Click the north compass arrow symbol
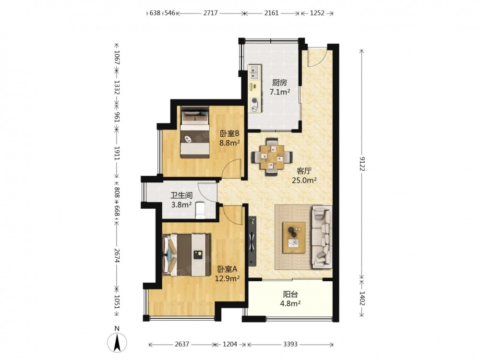[117, 342]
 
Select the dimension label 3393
[290, 344]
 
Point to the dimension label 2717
[210, 13]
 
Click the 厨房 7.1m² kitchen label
[279, 87]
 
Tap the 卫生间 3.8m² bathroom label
[181, 200]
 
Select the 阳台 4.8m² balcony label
[290, 299]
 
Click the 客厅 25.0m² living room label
[304, 175]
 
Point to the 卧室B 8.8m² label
[229, 138]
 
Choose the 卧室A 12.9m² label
[227, 274]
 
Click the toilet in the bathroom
[200, 211]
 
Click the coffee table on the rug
[294, 238]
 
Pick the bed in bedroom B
[195, 132]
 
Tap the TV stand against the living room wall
[252, 241]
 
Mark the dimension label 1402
[362, 298]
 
